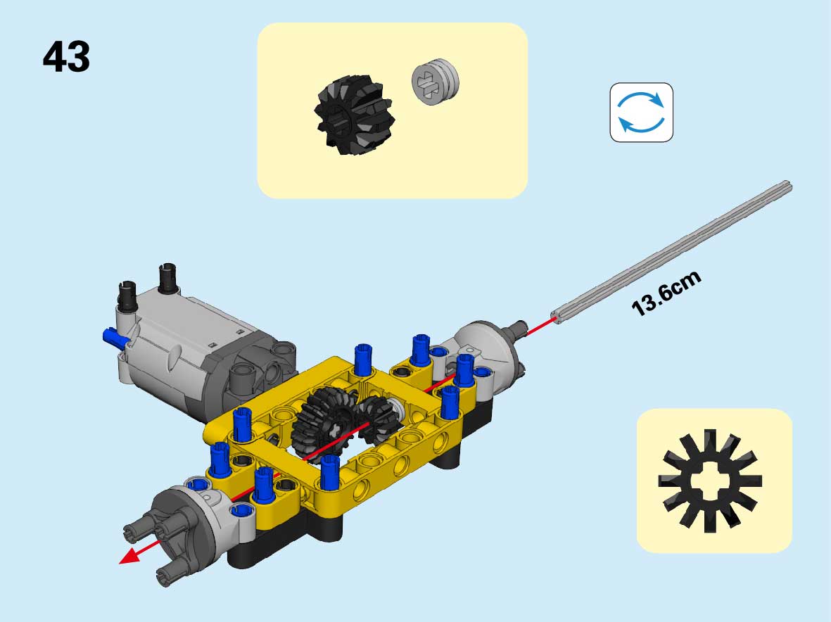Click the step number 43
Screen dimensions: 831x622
click(x=66, y=56)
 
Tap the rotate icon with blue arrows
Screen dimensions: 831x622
click(x=641, y=113)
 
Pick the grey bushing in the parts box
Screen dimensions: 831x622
click(x=435, y=82)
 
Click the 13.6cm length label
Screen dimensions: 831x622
click(x=666, y=293)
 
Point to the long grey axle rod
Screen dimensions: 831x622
click(x=671, y=252)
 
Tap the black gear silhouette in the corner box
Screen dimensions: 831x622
click(x=710, y=481)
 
